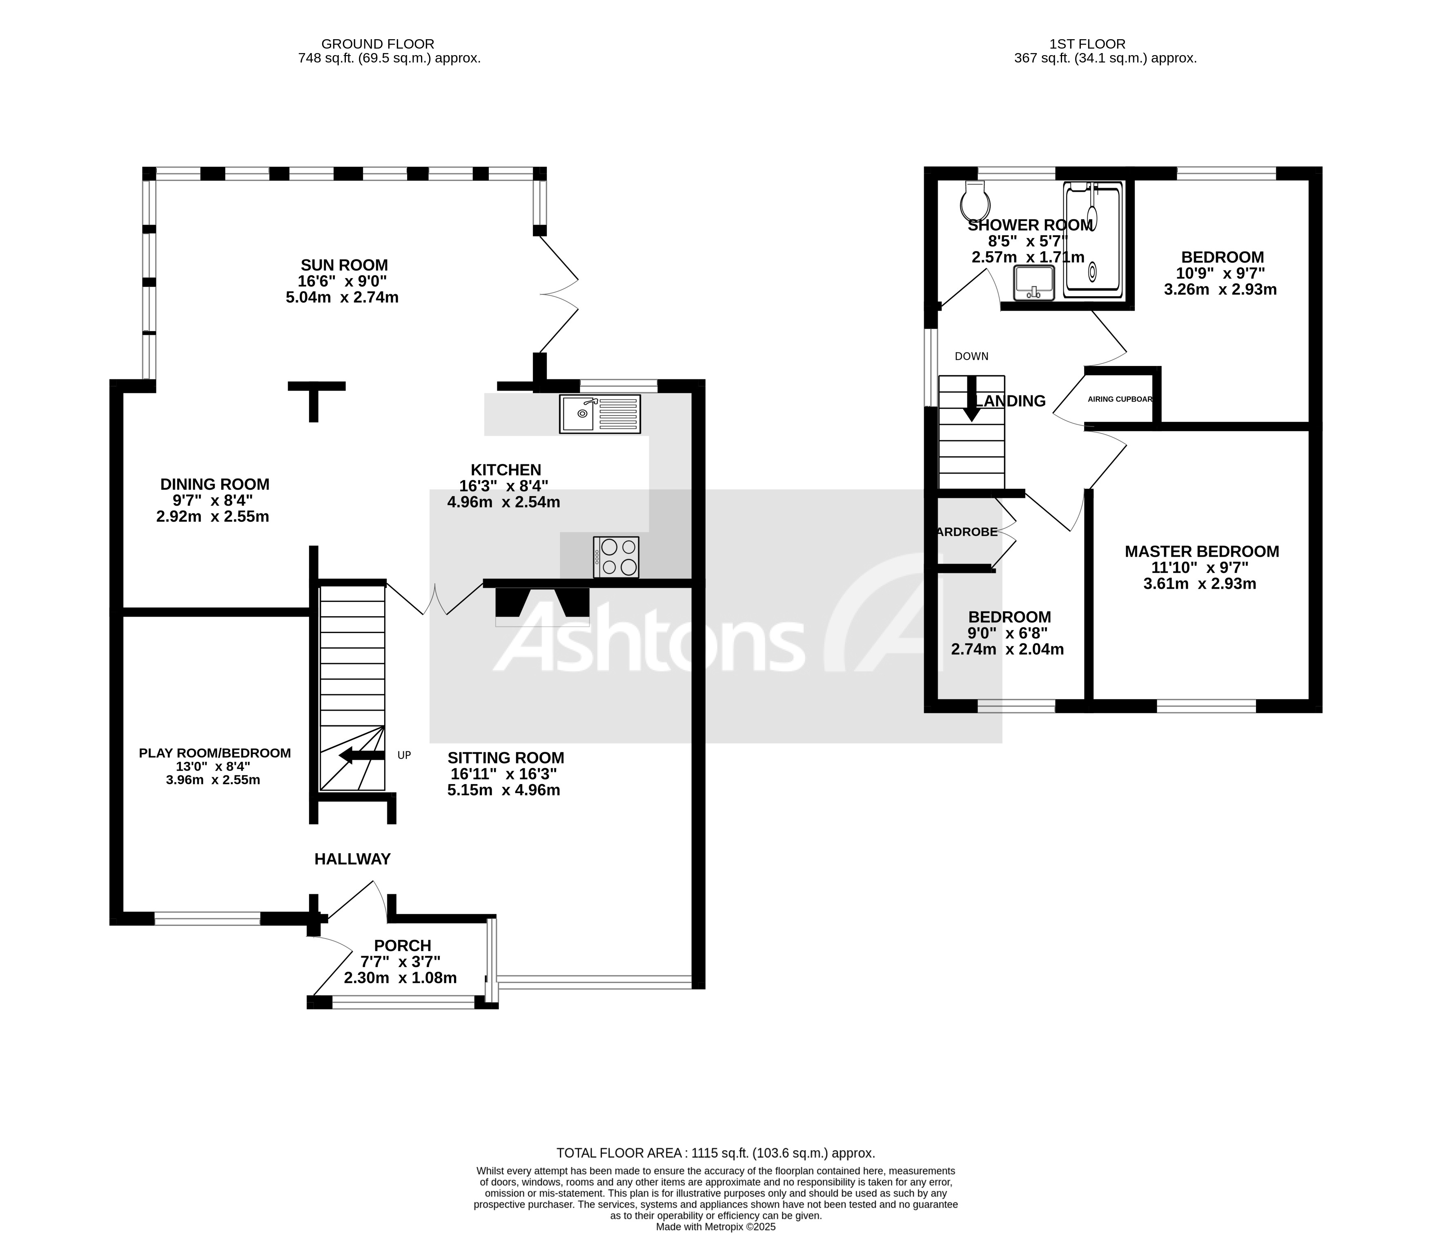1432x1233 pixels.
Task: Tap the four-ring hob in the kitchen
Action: click(616, 557)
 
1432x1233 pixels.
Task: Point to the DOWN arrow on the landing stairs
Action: click(972, 399)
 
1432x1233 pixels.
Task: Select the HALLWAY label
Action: click(352, 859)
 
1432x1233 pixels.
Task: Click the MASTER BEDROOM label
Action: click(1201, 551)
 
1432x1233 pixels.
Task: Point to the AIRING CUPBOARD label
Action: click(1120, 399)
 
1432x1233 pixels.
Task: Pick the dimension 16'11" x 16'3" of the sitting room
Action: click(504, 774)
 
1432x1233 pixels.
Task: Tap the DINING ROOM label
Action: click(214, 484)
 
